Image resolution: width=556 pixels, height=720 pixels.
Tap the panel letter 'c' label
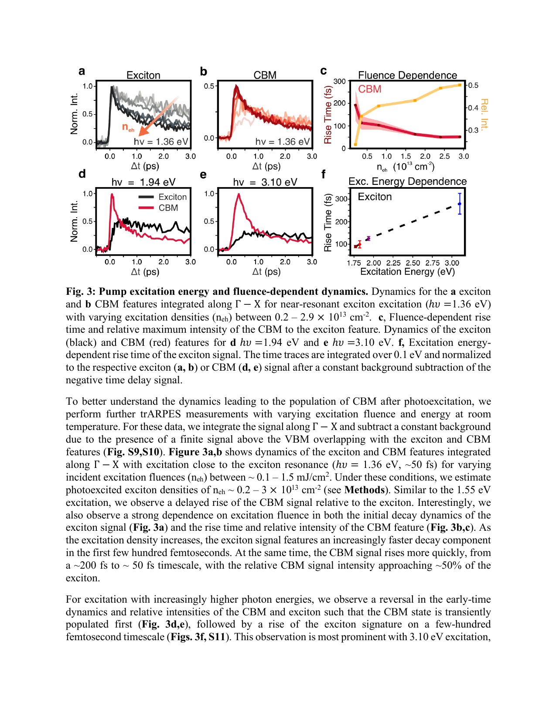pos(324,71)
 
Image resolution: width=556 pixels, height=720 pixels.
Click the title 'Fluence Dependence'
pos(407,75)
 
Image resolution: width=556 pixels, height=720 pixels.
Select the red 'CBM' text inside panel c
pos(370,89)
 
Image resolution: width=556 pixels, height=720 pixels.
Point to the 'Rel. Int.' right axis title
pos(484,114)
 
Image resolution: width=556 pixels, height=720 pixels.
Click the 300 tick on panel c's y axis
pos(339,81)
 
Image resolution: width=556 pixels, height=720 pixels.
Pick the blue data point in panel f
pos(460,204)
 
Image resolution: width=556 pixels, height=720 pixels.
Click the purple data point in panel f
pos(368,239)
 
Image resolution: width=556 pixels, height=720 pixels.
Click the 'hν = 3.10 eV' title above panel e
pos(265,182)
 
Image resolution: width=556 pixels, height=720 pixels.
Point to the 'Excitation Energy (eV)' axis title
pos(407,272)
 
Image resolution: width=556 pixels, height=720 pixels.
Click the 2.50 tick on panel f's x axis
pos(413,263)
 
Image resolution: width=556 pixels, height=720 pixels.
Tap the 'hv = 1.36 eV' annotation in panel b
pos(283,142)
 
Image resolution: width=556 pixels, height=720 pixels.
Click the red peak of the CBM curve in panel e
pos(239,195)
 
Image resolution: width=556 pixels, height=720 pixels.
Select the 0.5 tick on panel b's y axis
pos(209,86)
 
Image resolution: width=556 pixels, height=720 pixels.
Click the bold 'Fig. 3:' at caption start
pos(80,291)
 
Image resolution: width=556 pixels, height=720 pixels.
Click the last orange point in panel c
pos(460,85)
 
